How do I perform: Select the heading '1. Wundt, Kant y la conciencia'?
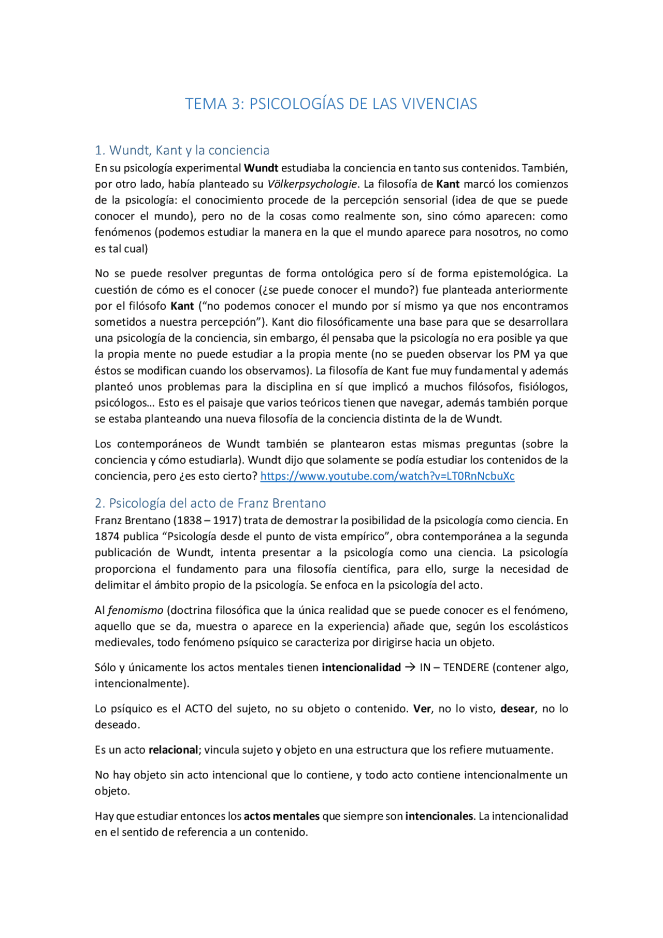click(x=182, y=150)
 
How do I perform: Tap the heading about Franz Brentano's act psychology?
click(x=210, y=503)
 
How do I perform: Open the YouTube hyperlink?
click(x=387, y=476)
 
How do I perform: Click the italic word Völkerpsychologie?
click(x=312, y=184)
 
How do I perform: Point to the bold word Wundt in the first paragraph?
click(x=261, y=168)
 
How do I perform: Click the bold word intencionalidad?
click(x=362, y=667)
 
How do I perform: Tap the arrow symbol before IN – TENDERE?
click(x=410, y=667)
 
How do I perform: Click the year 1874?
click(x=107, y=537)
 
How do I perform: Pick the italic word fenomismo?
click(x=136, y=610)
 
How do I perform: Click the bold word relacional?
click(x=173, y=749)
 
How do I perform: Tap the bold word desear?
click(x=517, y=709)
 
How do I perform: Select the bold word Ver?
click(x=422, y=709)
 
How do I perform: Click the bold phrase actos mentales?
click(x=282, y=816)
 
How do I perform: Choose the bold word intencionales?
click(x=439, y=816)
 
